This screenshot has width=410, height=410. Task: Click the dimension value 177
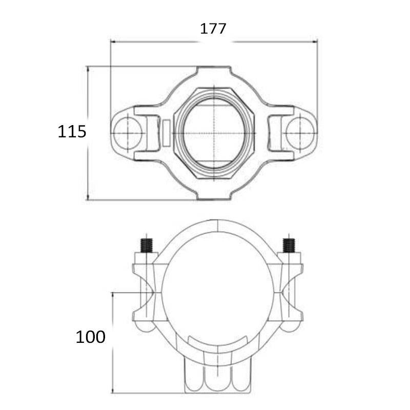(x=213, y=29)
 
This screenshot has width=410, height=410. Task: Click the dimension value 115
(x=72, y=131)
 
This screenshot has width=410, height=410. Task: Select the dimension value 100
(x=91, y=337)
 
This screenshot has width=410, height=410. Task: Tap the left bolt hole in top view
(x=128, y=133)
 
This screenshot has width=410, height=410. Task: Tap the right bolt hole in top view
(x=300, y=133)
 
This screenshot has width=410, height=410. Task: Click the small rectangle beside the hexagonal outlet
(x=166, y=133)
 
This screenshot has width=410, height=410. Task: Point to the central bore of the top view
(x=214, y=133)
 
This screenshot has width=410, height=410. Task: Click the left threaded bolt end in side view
(x=147, y=245)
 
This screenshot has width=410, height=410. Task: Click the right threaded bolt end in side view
(x=289, y=245)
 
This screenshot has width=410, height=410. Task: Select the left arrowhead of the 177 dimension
(x=113, y=42)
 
